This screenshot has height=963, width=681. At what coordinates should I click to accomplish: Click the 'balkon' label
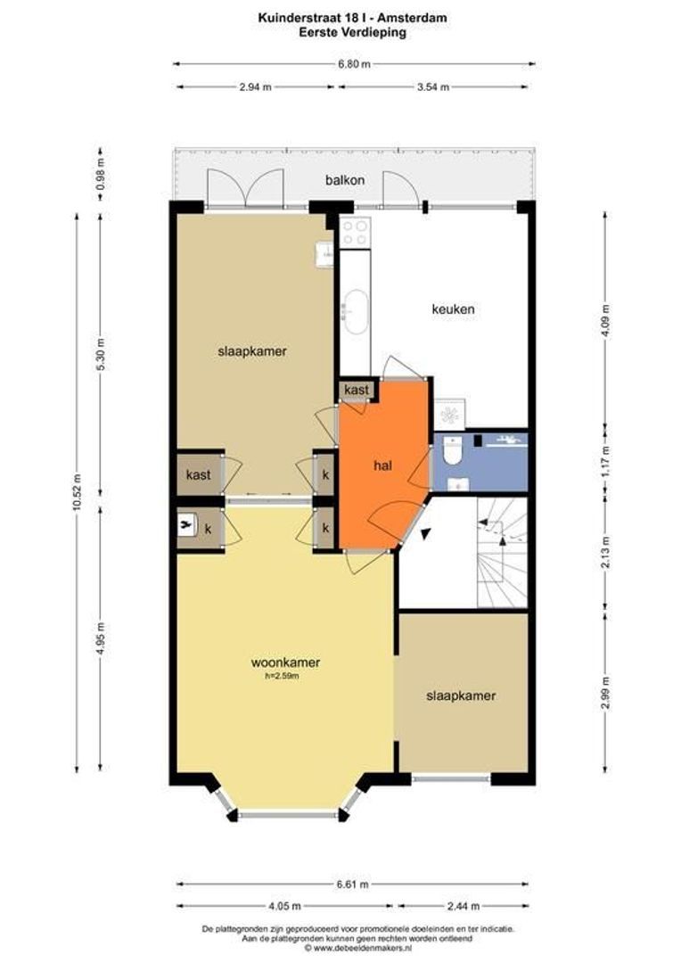(344, 180)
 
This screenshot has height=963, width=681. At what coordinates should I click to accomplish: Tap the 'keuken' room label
(453, 309)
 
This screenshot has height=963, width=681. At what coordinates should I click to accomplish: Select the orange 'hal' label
(382, 465)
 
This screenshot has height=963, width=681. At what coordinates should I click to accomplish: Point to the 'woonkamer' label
(285, 663)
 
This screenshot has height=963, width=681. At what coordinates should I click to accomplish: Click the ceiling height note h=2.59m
(282, 677)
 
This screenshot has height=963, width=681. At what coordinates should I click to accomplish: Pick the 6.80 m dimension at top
(355, 64)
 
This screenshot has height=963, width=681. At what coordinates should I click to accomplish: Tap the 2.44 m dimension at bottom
(464, 906)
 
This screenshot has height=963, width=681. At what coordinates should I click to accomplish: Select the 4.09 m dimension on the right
(606, 321)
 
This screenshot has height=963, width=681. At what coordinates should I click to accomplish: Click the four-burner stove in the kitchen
(356, 233)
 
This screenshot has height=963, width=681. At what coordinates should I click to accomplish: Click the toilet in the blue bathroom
(452, 450)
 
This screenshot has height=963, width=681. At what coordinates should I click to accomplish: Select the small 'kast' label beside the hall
(357, 390)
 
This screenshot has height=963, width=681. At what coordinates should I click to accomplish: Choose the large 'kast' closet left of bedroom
(199, 474)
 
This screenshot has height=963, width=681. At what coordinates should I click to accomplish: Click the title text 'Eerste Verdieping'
(352, 33)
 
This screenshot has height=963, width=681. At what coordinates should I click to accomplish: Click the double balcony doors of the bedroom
(246, 188)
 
